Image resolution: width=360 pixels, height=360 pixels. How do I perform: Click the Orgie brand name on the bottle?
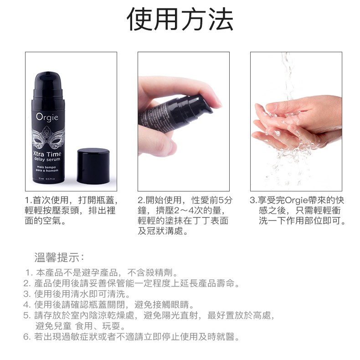click(x=47, y=117)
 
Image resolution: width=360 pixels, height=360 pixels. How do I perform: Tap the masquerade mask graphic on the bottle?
click(x=48, y=137)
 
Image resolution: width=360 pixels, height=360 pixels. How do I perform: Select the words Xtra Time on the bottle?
click(x=47, y=154)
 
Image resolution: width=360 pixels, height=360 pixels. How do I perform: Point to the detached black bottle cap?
click(x=93, y=166)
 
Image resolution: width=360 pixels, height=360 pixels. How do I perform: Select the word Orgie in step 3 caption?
click(x=296, y=201)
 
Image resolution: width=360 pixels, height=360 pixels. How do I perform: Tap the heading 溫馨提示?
click(x=59, y=257)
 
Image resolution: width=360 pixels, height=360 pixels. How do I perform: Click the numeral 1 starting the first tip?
click(x=28, y=273)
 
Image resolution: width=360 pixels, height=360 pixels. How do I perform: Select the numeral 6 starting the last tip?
click(x=26, y=337)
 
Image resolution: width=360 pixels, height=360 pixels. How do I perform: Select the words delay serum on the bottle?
click(x=47, y=159)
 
